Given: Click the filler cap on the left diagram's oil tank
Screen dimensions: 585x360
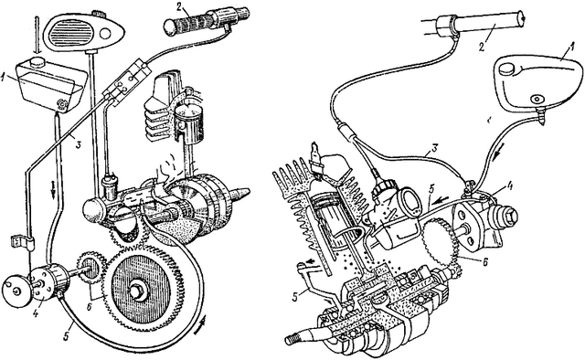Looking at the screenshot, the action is pyautogui.click(x=37, y=61).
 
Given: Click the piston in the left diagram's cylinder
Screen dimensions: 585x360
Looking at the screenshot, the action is pyautogui.click(x=190, y=122).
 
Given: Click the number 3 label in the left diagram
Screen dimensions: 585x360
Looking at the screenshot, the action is pyautogui.click(x=78, y=144).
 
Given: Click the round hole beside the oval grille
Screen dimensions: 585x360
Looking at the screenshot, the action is pyautogui.click(x=106, y=34).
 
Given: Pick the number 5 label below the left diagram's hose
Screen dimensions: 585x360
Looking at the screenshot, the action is pyautogui.click(x=67, y=334).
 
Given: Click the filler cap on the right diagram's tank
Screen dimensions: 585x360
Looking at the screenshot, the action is pyautogui.click(x=506, y=69).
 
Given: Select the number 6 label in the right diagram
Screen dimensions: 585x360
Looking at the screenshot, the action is pyautogui.click(x=484, y=262).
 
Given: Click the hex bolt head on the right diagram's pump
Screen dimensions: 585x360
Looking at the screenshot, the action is pyautogui.click(x=510, y=215).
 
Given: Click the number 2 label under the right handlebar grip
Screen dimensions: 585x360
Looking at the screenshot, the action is pyautogui.click(x=482, y=47).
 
